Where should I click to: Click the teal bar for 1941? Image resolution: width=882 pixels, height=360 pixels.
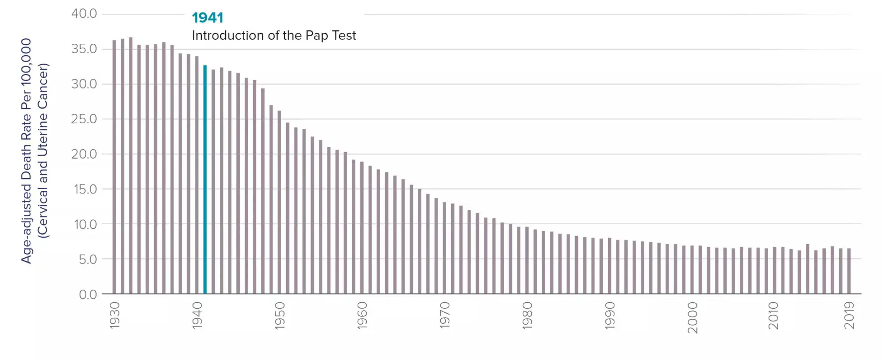[205, 179]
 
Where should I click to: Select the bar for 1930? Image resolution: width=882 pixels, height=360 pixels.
[114, 167]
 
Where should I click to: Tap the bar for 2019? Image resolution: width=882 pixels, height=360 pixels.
[849, 271]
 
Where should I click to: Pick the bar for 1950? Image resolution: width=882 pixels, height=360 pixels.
[279, 202]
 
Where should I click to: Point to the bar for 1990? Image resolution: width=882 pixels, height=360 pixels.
[609, 266]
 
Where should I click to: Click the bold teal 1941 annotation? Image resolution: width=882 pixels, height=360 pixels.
[207, 18]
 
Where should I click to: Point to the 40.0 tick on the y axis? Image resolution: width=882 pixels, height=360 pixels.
[84, 13]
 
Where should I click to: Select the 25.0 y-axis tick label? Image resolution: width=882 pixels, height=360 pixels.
[84, 119]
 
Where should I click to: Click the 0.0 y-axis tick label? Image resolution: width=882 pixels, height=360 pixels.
[88, 294]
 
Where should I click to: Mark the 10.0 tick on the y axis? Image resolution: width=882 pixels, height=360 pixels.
[85, 224]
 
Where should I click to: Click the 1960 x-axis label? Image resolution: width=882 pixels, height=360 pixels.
[362, 315]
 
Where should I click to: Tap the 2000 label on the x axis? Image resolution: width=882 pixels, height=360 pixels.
[692, 317]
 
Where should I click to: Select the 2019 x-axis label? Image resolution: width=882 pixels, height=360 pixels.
[849, 315]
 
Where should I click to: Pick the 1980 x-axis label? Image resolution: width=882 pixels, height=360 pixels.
[527, 315]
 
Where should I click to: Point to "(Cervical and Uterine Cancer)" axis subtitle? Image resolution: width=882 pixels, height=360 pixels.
[43, 151]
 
